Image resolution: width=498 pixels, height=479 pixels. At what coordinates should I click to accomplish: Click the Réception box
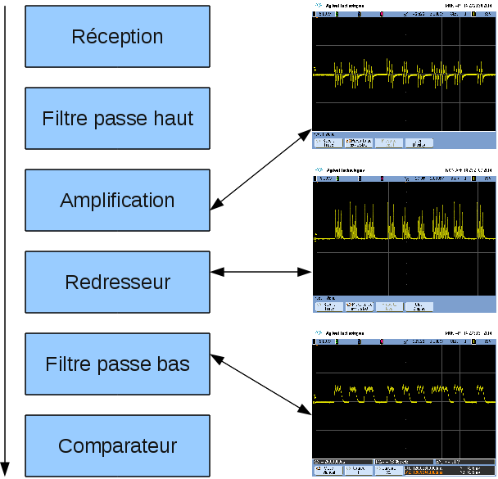[117, 37]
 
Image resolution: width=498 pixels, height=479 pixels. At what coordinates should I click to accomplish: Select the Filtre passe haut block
[117, 119]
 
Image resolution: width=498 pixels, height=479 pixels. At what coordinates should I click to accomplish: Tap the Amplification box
[117, 201]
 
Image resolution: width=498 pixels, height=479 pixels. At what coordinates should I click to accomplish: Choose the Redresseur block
[117, 282]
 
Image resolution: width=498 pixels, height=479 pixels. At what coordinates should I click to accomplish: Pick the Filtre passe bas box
[117, 364]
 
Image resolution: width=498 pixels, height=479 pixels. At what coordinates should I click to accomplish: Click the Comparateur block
[117, 446]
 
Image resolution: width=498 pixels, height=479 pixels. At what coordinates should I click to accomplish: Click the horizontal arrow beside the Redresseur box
[262, 271]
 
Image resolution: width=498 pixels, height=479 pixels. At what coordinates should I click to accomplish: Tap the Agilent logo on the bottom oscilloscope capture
[318, 335]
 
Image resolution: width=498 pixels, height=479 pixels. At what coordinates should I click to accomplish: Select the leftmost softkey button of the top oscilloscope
[328, 143]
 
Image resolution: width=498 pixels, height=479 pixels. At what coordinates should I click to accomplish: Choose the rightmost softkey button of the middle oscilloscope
[419, 307]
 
